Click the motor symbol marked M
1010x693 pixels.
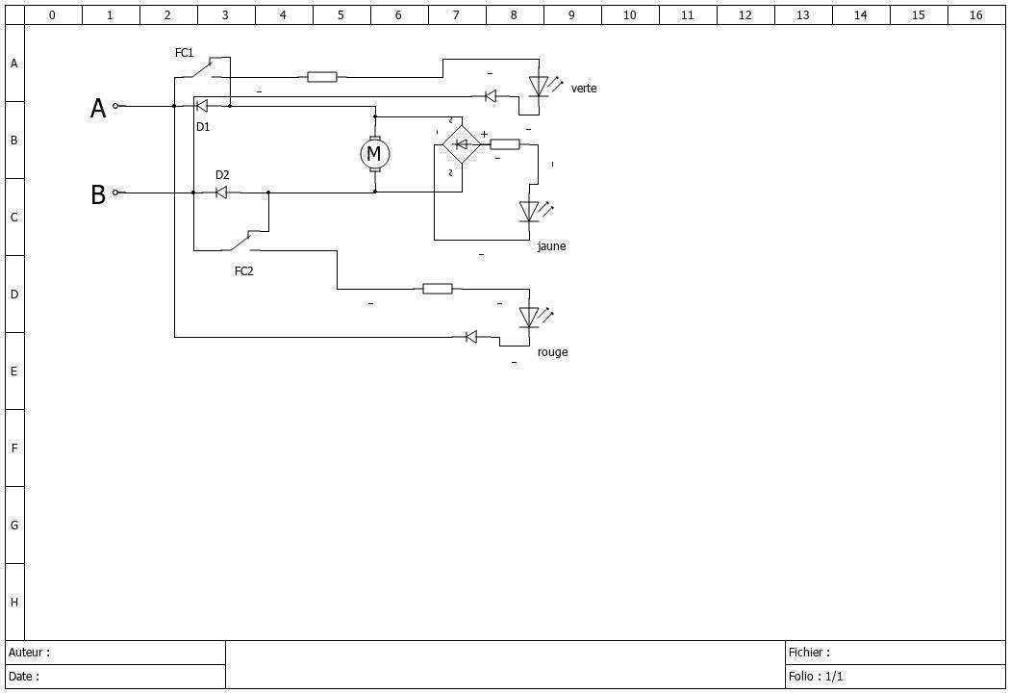[x=374, y=154]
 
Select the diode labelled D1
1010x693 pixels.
[x=202, y=106]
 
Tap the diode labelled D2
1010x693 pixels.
[x=221, y=192]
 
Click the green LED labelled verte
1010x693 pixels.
[x=539, y=87]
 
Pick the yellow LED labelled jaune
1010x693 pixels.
[x=529, y=212]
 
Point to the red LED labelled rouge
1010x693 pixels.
[x=529, y=318]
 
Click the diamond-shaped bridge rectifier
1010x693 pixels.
[x=462, y=144]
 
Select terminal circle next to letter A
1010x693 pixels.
[x=116, y=106]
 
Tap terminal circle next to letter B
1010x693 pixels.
[x=116, y=192]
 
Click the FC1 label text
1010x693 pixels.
[x=185, y=53]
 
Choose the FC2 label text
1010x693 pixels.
[x=244, y=271]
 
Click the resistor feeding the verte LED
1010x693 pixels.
[x=322, y=77]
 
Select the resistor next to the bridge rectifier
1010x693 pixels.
[x=505, y=144]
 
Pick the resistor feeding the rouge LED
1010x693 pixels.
[x=438, y=289]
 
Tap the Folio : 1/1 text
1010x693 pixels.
[x=816, y=677]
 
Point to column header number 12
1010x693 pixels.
[x=745, y=14]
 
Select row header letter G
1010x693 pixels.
[x=14, y=526]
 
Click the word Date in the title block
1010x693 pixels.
[x=20, y=677]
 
